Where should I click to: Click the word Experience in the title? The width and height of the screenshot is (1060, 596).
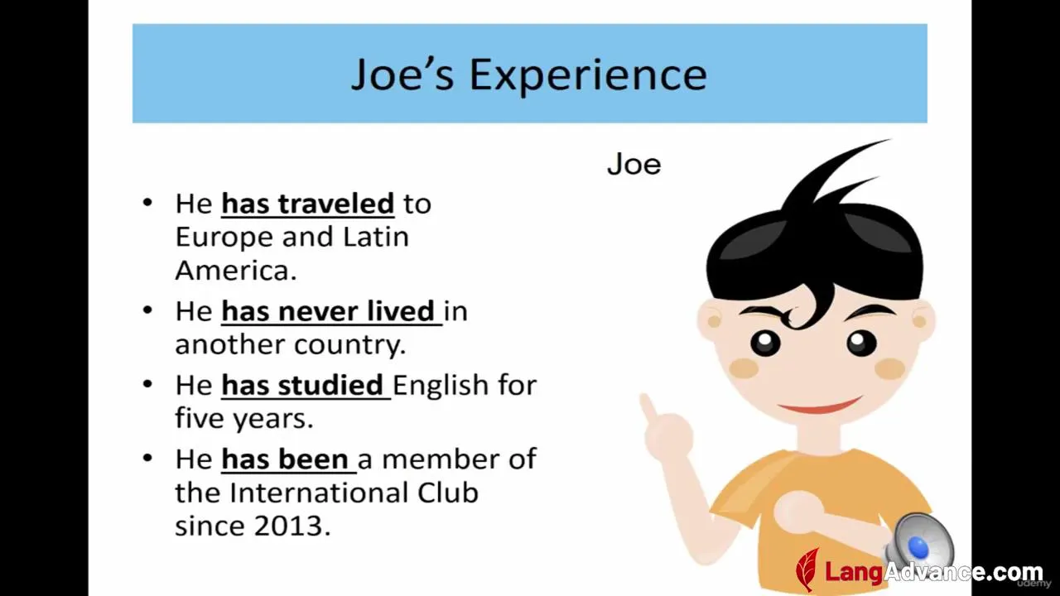point(588,75)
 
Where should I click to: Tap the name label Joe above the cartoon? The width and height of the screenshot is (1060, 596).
point(634,165)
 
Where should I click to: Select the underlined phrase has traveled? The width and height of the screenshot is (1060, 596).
point(308,204)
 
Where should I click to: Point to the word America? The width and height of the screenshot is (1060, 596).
point(236,271)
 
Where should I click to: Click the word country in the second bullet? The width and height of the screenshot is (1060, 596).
point(350,345)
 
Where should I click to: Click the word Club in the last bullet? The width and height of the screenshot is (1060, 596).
point(448,493)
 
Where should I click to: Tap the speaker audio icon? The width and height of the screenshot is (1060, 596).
point(918,544)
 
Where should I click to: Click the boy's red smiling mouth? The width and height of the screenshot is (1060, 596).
point(820,406)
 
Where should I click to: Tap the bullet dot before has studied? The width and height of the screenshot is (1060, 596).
point(147,383)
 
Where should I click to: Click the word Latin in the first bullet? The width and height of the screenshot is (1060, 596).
point(376,238)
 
